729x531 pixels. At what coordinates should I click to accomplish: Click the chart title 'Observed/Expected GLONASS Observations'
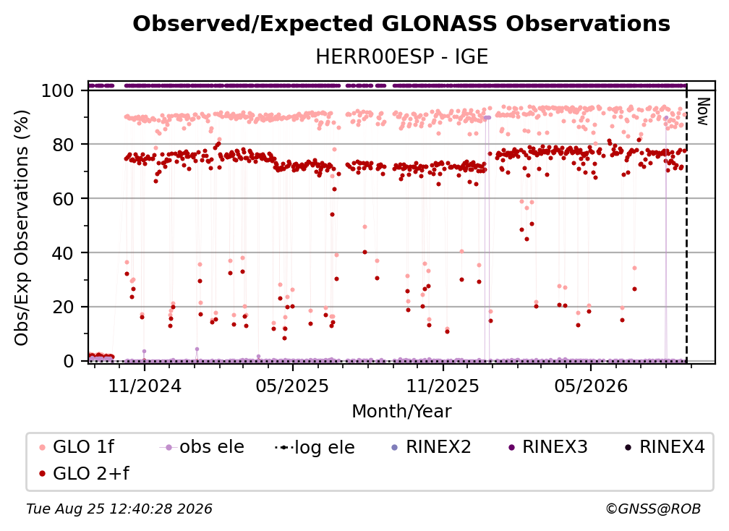click(x=401, y=24)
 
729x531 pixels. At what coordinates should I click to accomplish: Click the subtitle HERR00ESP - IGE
click(x=401, y=57)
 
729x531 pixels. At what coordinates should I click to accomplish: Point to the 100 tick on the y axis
click(x=57, y=90)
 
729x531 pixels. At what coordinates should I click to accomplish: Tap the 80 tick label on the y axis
click(x=63, y=145)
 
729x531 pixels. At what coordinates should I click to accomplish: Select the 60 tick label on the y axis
click(x=63, y=199)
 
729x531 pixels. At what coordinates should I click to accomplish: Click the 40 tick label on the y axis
click(x=63, y=253)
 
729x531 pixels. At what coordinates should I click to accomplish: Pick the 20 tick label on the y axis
click(x=63, y=307)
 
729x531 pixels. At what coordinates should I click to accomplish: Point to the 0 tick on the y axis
click(x=68, y=361)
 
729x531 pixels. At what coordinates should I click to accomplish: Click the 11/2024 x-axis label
click(x=145, y=386)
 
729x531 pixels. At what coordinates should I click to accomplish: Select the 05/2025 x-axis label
click(x=292, y=386)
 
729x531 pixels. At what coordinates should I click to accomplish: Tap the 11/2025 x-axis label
click(x=443, y=386)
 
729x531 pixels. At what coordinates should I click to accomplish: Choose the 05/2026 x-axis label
click(x=591, y=386)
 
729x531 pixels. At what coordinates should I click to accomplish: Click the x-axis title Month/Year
click(x=401, y=411)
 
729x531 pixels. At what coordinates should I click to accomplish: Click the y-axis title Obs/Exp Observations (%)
click(x=22, y=228)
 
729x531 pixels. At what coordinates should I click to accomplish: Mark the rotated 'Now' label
click(x=703, y=111)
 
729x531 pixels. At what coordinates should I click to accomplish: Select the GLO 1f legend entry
click(x=77, y=447)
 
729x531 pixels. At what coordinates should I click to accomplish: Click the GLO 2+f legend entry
click(x=84, y=473)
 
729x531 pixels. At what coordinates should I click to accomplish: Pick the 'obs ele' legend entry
click(x=202, y=447)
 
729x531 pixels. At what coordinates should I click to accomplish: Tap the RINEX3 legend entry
click(x=548, y=447)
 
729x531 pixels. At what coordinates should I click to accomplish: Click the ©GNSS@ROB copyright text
click(x=653, y=509)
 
